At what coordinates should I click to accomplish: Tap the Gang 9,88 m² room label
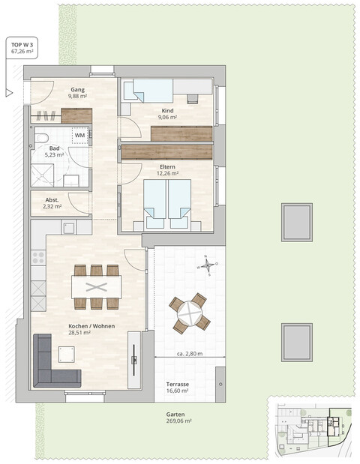tap(78, 92)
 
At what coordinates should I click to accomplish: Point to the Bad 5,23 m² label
tap(55, 152)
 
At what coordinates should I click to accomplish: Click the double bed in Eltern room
tap(168, 204)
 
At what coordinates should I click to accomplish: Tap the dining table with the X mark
tap(96, 287)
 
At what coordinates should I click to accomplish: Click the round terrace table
tap(190, 313)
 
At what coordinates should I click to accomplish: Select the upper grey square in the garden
tap(297, 222)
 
